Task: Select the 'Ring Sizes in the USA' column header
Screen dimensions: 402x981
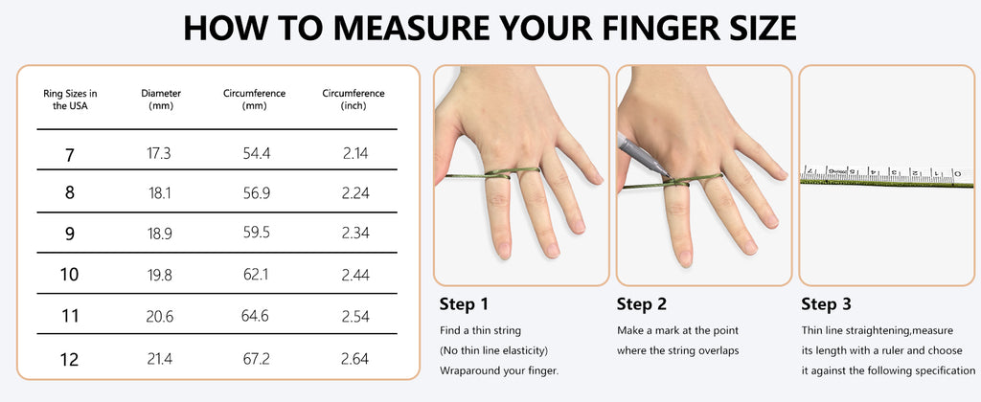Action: (x=70, y=100)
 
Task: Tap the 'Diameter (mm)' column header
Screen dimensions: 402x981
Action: (x=161, y=100)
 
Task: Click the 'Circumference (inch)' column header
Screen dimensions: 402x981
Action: (x=354, y=100)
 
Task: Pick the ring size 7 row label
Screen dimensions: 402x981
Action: (x=70, y=154)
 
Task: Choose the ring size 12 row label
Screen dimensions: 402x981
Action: (x=70, y=360)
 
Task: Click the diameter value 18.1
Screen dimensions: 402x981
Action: (x=161, y=193)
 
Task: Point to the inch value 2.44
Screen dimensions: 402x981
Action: (x=354, y=276)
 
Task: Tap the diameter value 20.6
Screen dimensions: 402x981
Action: (x=161, y=317)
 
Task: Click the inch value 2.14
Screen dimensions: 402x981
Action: (x=354, y=153)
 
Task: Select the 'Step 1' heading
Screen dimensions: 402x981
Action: (x=464, y=304)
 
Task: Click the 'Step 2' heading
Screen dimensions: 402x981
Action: (x=641, y=304)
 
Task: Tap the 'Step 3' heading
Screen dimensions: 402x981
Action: (x=826, y=304)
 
